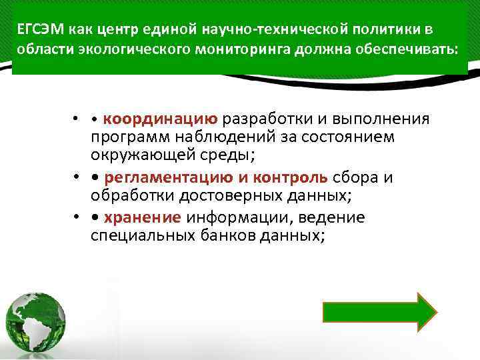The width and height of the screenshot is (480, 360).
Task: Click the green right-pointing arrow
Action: pyautogui.click(x=379, y=311)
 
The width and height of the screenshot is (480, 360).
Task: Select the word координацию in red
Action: pyautogui.click(x=160, y=119)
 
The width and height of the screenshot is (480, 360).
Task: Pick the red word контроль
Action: pyautogui.click(x=298, y=177)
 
